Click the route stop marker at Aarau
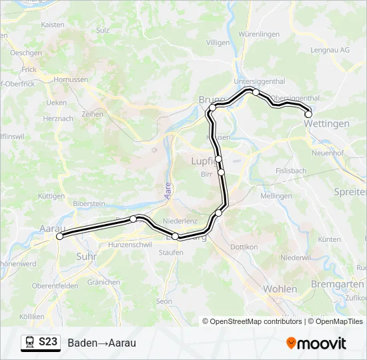tap(59, 236)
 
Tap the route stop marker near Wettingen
tap(308, 115)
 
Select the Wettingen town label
tap(327, 124)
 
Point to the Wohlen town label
tap(280, 289)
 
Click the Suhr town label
tap(87, 255)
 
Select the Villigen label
tap(218, 42)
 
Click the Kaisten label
tap(53, 25)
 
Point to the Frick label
tap(29, 69)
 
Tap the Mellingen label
tap(276, 196)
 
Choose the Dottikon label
tap(244, 247)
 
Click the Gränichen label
tap(103, 282)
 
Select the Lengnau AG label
tap(330, 50)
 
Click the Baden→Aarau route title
tap(101, 343)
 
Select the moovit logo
tap(316, 343)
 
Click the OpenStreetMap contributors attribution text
tap(256, 321)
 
